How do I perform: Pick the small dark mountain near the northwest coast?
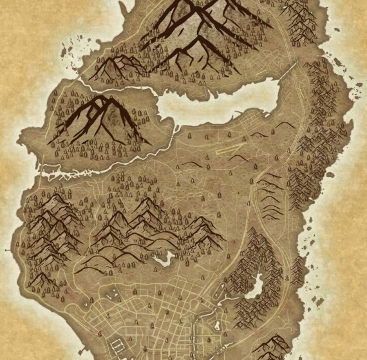pyautogui.click(x=119, y=64)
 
